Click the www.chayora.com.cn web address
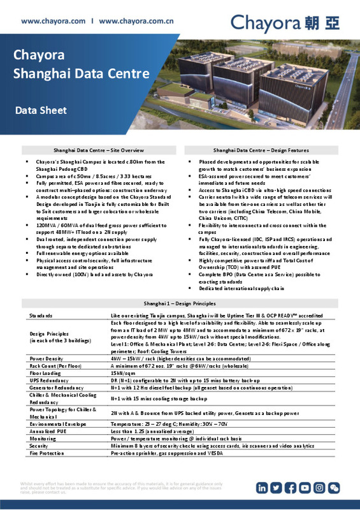click(139, 21)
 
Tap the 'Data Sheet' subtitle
click(41, 111)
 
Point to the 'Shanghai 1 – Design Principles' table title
click(180, 303)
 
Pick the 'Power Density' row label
click(47, 358)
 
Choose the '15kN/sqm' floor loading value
click(124, 372)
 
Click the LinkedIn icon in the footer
click(263, 488)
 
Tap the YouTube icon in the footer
click(305, 488)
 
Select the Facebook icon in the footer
click(291, 488)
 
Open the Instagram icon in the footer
click(319, 488)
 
